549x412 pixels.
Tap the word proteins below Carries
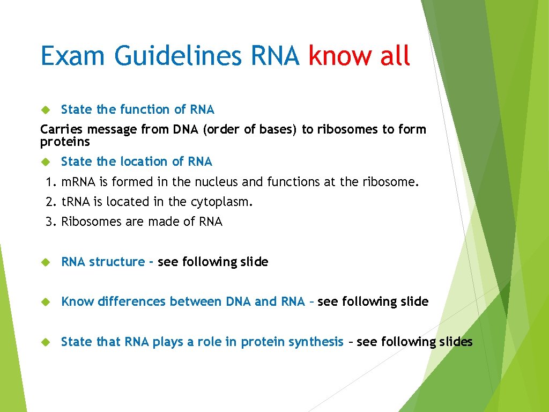tap(65, 142)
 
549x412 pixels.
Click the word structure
tap(116, 262)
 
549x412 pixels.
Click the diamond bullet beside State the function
tap(46, 109)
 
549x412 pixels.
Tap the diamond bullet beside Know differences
tap(46, 301)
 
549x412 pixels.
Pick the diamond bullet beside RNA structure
tap(46, 262)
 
